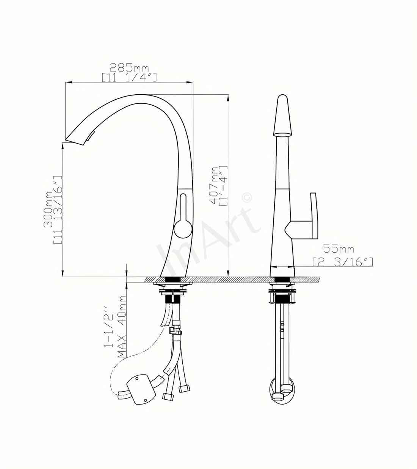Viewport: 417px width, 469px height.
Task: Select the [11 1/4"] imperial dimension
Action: (129, 77)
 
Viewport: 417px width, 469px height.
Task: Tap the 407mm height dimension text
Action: (215, 186)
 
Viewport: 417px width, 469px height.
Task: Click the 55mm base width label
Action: (338, 249)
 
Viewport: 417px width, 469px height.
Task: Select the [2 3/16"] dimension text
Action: (342, 261)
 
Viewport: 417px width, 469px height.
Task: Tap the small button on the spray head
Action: (91, 135)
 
